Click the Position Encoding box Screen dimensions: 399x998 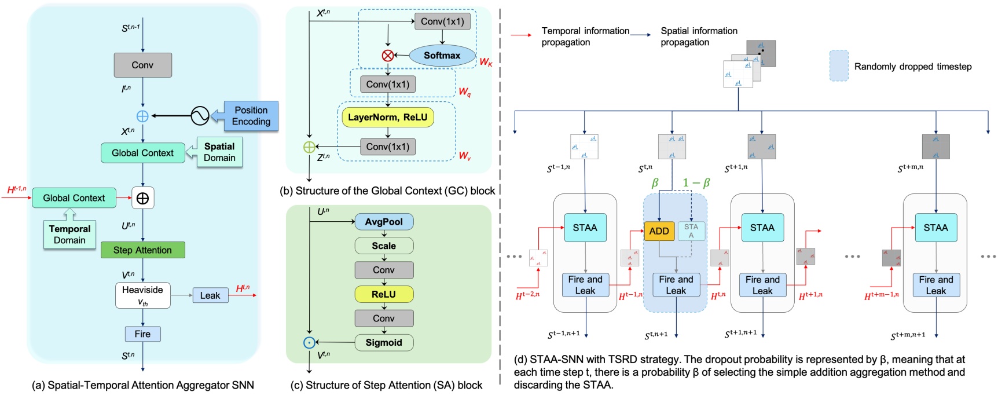(x=251, y=116)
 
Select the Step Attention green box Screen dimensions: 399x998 (x=142, y=250)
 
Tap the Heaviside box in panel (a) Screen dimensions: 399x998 (x=142, y=295)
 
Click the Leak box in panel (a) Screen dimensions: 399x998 (x=210, y=295)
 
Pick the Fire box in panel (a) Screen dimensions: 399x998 (x=142, y=334)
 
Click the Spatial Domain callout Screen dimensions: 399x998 (x=219, y=152)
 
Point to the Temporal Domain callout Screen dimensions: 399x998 (x=69, y=235)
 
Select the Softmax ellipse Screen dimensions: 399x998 (x=442, y=56)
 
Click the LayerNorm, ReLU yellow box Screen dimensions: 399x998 (x=387, y=118)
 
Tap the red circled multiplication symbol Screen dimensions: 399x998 (x=388, y=56)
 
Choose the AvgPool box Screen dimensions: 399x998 (x=384, y=222)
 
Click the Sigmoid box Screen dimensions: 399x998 (x=384, y=342)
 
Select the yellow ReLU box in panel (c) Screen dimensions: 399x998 (x=384, y=294)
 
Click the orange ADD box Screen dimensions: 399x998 (x=659, y=231)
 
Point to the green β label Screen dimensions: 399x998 (x=655, y=183)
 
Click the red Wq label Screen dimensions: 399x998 (x=464, y=92)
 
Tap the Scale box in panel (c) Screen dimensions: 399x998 (x=384, y=246)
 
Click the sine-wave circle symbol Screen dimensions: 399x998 (x=200, y=116)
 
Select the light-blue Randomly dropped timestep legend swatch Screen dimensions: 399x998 (x=839, y=65)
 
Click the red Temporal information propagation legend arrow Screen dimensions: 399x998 (x=521, y=35)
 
